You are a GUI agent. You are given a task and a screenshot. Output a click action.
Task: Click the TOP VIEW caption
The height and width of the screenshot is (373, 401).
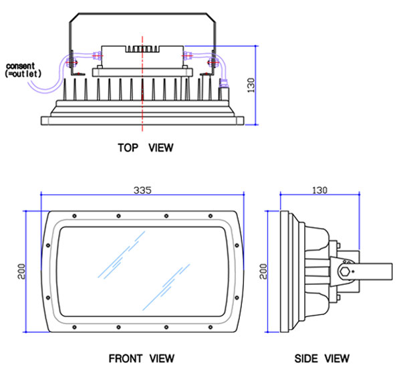pos(145,148)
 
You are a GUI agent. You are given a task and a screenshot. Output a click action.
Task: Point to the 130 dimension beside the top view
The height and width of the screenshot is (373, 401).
pos(251,84)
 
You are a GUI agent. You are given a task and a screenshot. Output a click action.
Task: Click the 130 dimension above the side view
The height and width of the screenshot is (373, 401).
pos(319,190)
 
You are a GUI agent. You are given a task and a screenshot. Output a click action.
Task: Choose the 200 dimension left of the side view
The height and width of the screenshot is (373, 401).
pos(263,270)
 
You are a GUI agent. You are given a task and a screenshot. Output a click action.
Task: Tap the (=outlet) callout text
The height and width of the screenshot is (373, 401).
pos(25,74)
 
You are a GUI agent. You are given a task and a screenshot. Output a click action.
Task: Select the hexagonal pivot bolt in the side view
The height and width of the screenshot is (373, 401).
pos(346,271)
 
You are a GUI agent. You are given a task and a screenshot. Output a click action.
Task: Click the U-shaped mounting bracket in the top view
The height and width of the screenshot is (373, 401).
pos(143,15)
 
